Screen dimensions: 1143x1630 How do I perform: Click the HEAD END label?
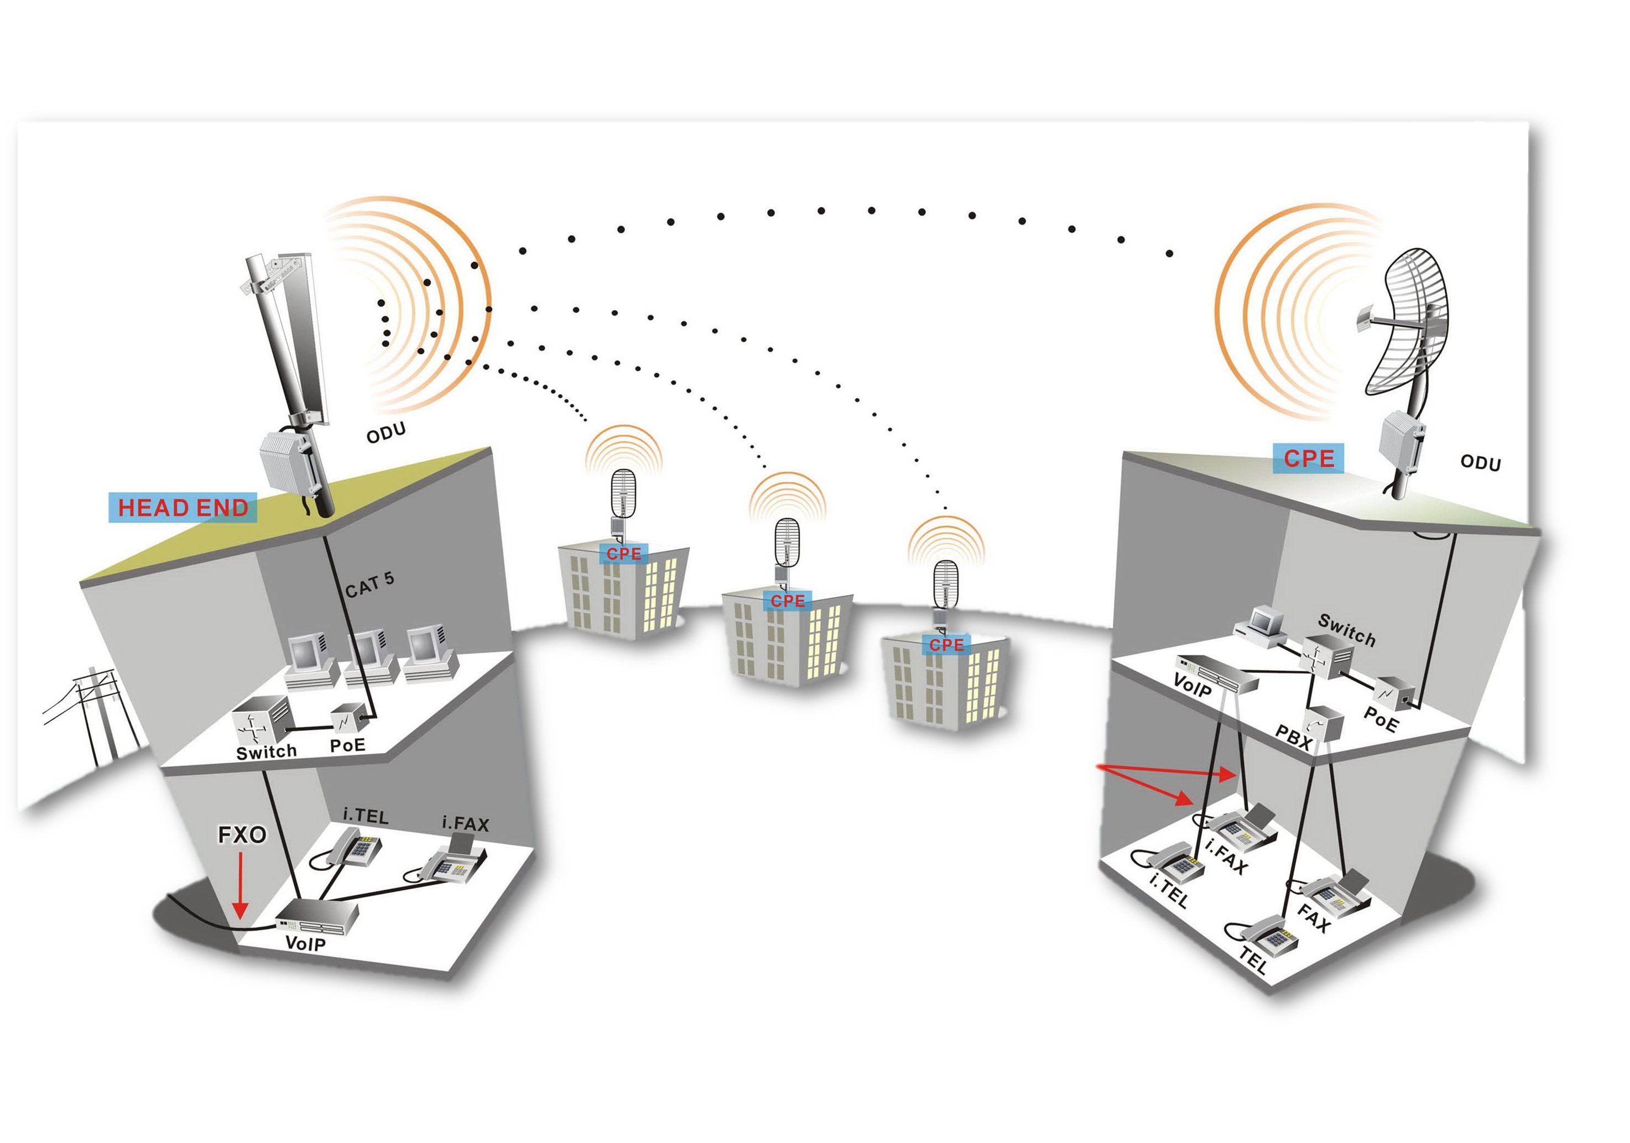tap(183, 508)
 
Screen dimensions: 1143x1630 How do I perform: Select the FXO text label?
tap(241, 835)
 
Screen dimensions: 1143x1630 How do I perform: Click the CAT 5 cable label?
tap(369, 585)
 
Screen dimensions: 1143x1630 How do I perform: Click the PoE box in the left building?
tap(348, 720)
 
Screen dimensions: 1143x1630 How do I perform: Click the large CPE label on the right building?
tap(1309, 458)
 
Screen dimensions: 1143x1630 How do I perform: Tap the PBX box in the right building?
tap(1325, 725)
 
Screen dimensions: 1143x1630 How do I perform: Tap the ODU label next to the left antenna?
tap(386, 432)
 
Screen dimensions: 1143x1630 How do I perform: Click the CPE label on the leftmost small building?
tap(623, 554)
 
